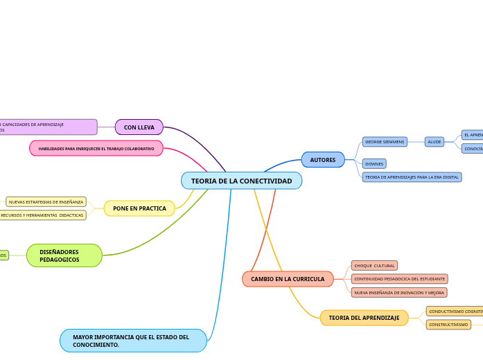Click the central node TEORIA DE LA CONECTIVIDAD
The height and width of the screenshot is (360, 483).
(241, 181)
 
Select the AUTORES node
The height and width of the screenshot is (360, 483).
(322, 160)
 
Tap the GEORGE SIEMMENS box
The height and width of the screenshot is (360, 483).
(385, 142)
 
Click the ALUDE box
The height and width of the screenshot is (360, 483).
(434, 142)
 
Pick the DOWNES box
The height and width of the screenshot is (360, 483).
(374, 164)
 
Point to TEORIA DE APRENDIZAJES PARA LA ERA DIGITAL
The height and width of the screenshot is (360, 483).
(412, 177)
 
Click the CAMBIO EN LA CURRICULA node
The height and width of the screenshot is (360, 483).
(288, 279)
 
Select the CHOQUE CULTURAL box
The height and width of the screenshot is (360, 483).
(374, 266)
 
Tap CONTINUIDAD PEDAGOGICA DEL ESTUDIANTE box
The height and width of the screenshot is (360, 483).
(399, 279)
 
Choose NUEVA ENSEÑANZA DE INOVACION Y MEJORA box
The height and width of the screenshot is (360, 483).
(398, 293)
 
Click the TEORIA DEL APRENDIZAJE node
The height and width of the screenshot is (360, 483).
(364, 318)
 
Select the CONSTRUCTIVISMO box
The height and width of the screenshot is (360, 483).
(448, 325)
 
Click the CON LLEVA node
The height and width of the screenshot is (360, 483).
(139, 127)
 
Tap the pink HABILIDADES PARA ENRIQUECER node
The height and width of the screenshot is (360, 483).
(96, 149)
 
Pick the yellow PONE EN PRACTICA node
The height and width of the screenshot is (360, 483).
(139, 208)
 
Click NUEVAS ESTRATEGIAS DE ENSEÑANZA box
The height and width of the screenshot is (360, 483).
(46, 202)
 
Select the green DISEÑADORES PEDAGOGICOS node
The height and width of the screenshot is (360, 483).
(64, 255)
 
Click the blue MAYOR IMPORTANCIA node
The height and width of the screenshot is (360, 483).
(133, 341)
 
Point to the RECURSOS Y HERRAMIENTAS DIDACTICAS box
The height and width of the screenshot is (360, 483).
(42, 215)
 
